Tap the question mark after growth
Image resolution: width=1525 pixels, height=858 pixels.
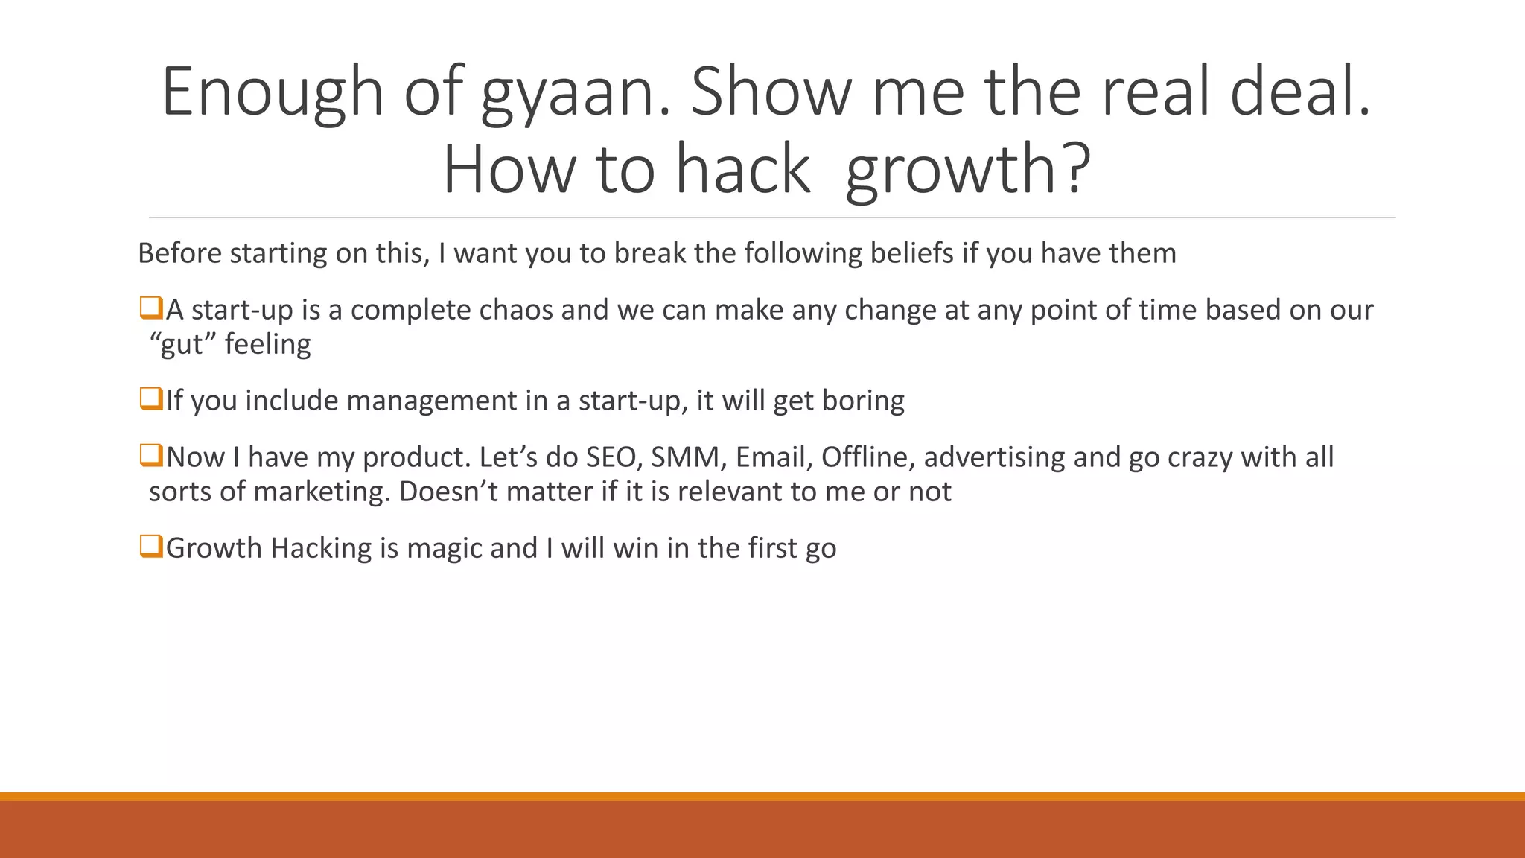tap(1074, 170)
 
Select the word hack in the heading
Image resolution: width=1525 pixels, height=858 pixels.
tap(742, 170)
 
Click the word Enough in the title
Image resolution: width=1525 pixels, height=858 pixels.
tap(272, 93)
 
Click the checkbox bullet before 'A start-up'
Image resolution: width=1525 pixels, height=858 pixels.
tap(151, 308)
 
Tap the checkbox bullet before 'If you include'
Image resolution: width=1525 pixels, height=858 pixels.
tap(151, 399)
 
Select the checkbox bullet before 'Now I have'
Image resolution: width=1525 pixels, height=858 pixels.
tap(151, 456)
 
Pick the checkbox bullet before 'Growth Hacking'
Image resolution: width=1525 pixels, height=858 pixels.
tap(151, 547)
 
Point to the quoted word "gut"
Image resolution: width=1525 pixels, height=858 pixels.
tap(182, 345)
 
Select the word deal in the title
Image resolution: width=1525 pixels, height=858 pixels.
tap(1299, 93)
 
